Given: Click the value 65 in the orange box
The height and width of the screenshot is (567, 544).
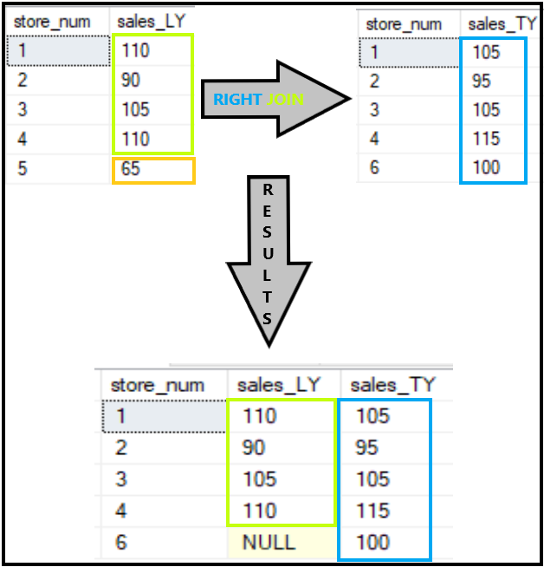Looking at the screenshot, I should coord(131,169).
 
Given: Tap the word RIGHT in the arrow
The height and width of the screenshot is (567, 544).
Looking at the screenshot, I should coord(237,99).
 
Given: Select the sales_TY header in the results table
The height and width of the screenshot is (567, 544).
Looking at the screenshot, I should coord(386,384).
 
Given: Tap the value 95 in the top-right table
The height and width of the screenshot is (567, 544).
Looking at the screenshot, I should coord(487,81).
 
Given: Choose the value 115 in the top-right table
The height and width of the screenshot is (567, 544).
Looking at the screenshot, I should coord(487,138).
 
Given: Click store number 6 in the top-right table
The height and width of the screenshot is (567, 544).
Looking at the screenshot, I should coord(374,166).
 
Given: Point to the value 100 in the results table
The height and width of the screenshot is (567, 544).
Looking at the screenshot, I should coord(372,543).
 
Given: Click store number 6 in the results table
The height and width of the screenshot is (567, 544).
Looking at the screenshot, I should coord(122,543).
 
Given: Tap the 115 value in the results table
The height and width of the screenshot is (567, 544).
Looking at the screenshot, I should coord(372,511).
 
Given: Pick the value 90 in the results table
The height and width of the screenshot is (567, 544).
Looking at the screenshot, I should coord(253,447).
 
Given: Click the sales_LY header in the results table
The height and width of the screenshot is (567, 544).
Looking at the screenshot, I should coord(278,384).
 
